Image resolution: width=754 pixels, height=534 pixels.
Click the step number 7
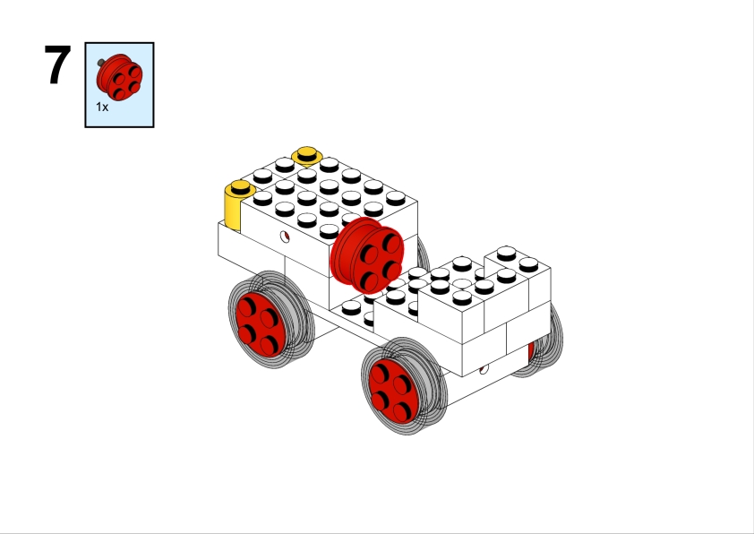tap(57, 65)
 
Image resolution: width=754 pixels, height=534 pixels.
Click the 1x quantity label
tap(102, 107)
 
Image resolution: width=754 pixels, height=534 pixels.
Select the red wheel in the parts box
tap(120, 77)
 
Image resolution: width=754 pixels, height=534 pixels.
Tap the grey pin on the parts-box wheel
tap(101, 63)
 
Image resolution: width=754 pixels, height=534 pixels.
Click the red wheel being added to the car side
tap(367, 255)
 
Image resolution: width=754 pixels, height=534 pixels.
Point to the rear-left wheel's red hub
tap(261, 325)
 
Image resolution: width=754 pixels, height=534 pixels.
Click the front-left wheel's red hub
tap(393, 391)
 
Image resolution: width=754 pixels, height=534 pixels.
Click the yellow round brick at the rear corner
tap(235, 207)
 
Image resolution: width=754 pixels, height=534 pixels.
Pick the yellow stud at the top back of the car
tap(307, 155)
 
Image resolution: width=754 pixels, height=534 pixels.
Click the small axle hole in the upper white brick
tap(285, 237)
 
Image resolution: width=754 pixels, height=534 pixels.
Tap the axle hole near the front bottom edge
tap(484, 369)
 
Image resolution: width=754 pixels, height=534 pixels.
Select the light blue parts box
tap(119, 85)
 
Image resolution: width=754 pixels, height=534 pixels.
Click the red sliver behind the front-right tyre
tap(531, 352)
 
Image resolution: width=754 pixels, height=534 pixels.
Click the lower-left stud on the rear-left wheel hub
tap(246, 333)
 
